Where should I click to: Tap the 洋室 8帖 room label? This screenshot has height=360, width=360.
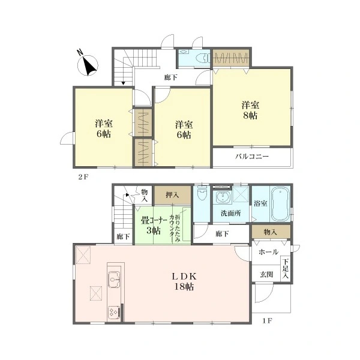point(250,110)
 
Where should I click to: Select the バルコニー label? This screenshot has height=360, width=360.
point(252,157)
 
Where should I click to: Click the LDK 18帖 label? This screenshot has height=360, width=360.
point(184,281)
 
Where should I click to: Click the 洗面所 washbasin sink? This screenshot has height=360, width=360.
point(222,197)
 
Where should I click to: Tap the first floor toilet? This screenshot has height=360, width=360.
point(202,193)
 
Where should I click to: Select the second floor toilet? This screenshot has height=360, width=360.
point(203,58)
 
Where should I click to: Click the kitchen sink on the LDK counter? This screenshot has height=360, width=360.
point(114,280)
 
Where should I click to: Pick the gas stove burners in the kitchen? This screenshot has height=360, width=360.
point(114,312)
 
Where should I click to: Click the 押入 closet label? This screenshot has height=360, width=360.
point(172,195)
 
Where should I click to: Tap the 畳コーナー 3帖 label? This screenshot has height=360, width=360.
point(154,226)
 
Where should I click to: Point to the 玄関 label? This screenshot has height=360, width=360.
point(266,274)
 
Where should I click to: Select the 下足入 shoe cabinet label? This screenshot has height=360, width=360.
point(286,268)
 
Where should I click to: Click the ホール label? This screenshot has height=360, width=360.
point(268,252)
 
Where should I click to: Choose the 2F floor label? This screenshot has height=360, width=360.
point(83,177)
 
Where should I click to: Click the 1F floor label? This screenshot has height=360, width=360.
point(268,321)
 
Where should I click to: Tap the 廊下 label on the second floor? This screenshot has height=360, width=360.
point(170,77)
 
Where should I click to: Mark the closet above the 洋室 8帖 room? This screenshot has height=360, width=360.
point(230,58)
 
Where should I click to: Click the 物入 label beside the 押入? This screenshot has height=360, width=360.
point(144,196)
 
